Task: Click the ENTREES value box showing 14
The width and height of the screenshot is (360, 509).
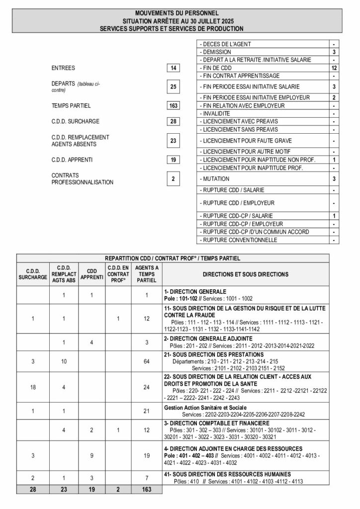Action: pyautogui.click(x=173, y=68)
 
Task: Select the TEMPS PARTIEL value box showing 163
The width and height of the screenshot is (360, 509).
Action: pyautogui.click(x=173, y=106)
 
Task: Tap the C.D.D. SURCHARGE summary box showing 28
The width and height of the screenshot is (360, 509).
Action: pyautogui.click(x=173, y=121)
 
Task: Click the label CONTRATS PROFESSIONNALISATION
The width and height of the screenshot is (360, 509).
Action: pyautogui.click(x=83, y=179)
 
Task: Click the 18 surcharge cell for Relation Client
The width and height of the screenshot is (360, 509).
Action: pyautogui.click(x=33, y=387)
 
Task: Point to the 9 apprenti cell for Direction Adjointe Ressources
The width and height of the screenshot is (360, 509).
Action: pyautogui.click(x=91, y=455)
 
